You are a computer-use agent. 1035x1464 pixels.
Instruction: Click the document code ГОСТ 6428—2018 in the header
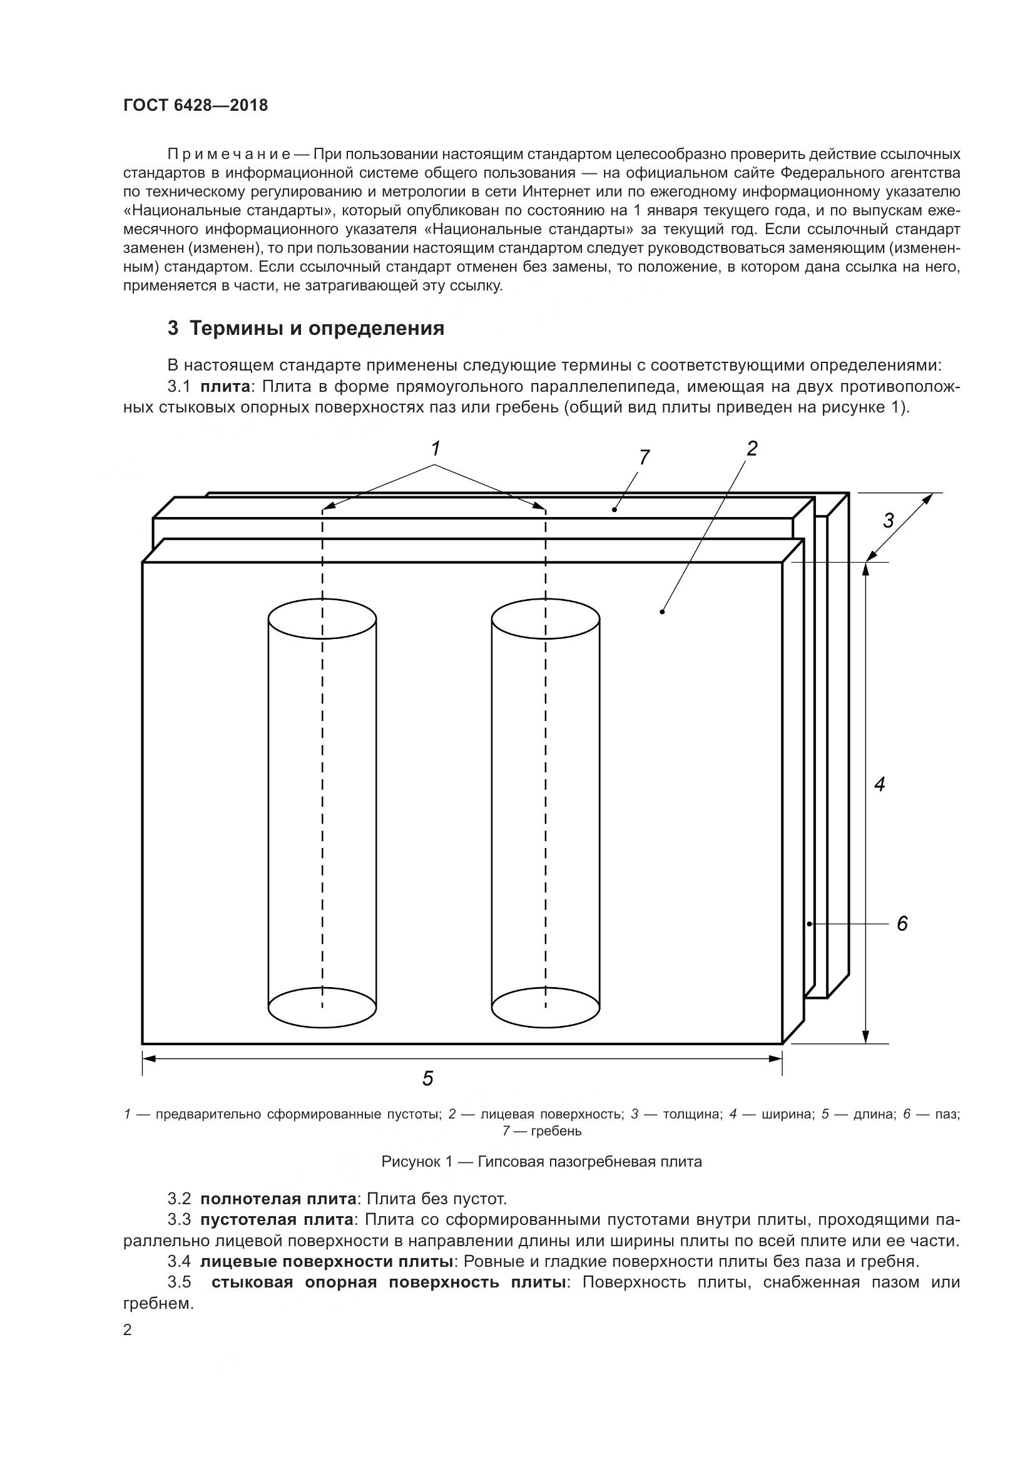[196, 105]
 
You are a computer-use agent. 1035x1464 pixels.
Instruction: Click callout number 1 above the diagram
[436, 449]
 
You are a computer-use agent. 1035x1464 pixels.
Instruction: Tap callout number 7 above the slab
[644, 456]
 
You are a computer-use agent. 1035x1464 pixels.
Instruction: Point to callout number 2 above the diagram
[752, 448]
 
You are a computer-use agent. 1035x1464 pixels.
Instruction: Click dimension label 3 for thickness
[888, 520]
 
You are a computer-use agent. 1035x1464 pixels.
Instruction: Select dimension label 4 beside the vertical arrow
[879, 784]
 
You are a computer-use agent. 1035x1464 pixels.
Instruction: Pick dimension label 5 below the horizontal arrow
[427, 1078]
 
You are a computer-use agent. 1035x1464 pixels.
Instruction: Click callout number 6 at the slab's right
[902, 923]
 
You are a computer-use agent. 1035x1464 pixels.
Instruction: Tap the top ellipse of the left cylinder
[322, 618]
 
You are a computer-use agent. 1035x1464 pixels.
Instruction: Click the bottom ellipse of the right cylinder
[546, 1008]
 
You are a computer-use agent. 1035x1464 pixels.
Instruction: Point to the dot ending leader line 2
[663, 612]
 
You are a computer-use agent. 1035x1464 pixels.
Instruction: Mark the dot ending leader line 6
[809, 923]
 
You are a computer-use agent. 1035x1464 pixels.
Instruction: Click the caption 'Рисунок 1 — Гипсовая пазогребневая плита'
[541, 1161]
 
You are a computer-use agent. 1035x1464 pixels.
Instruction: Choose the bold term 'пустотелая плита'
[277, 1220]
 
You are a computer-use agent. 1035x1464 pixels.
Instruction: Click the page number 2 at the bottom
[128, 1330]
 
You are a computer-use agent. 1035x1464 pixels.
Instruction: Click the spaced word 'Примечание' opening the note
[229, 155]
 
